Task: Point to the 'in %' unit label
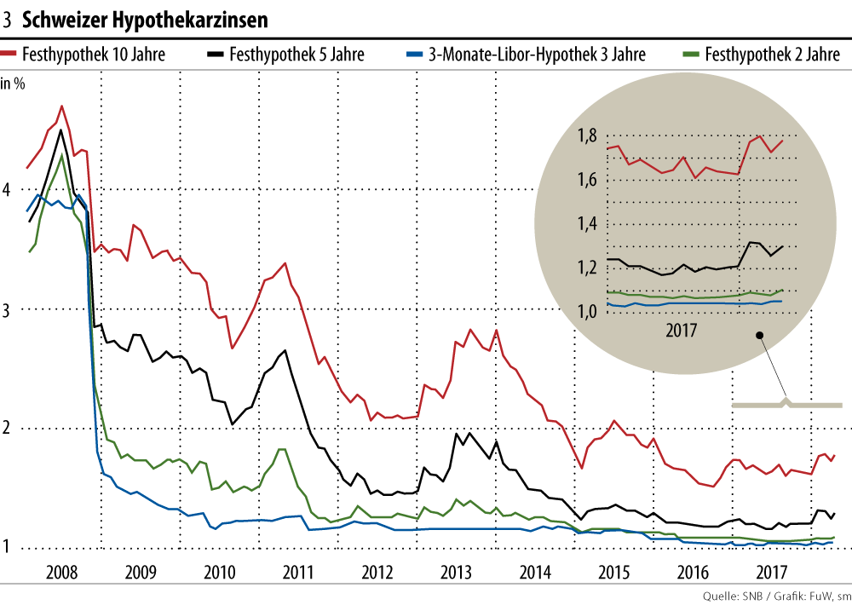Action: point(13,84)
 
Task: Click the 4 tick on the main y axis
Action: point(7,189)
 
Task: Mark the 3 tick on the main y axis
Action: point(7,309)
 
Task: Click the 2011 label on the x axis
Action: point(298,571)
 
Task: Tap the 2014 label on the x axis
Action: point(537,571)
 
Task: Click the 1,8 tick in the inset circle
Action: point(588,135)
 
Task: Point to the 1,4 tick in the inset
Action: point(588,224)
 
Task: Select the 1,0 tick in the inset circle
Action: point(588,312)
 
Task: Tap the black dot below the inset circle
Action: point(757,335)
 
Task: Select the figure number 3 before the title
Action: point(7,18)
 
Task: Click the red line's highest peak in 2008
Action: point(61,107)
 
